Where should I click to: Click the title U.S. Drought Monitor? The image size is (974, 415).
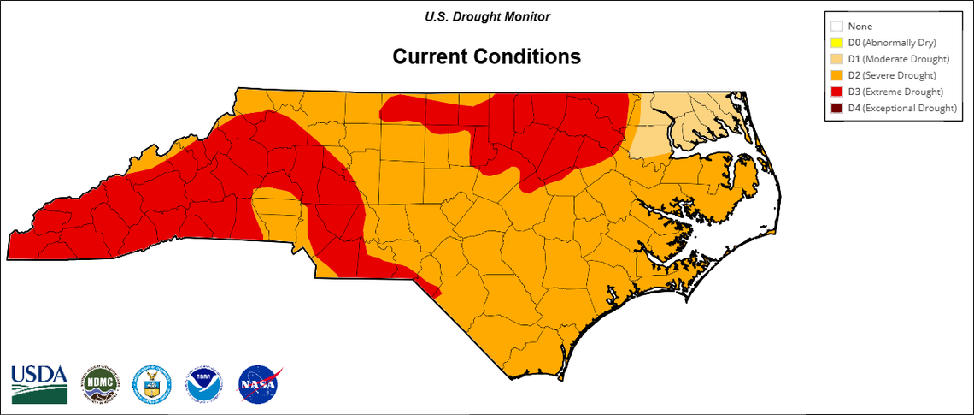coord(487,16)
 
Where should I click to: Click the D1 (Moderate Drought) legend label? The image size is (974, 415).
coord(898,59)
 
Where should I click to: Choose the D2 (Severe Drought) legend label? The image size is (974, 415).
coord(894,75)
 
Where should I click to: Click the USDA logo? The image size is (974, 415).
coord(39,383)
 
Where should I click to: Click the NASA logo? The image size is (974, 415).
coord(260,384)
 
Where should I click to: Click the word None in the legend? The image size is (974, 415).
coord(860,27)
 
